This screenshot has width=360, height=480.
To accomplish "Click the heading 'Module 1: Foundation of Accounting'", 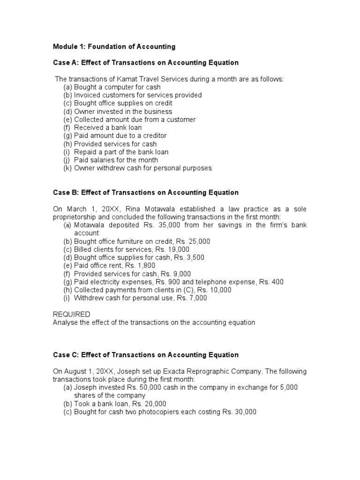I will point(114,46).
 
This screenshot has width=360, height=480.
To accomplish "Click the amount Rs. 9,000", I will point(176,274).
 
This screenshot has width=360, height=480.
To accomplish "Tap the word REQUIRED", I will point(71,314).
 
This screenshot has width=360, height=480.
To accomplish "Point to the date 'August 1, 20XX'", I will point(88,371).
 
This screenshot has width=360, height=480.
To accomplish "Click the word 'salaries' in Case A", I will point(103,160).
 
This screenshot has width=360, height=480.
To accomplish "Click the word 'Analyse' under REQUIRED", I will point(65,322).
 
